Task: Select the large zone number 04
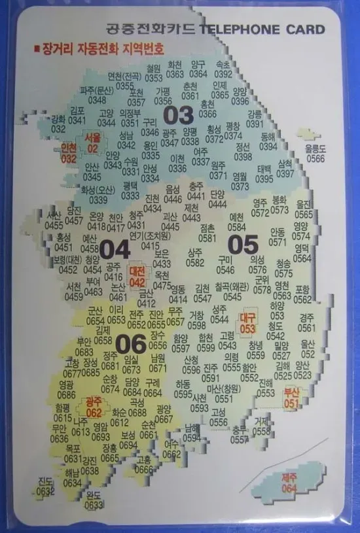tap(115, 249)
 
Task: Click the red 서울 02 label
tap(92, 144)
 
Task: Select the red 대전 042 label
tap(137, 277)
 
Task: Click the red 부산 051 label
tap(291, 399)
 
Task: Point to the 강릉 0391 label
tap(255, 119)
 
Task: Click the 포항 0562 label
tap(302, 294)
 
